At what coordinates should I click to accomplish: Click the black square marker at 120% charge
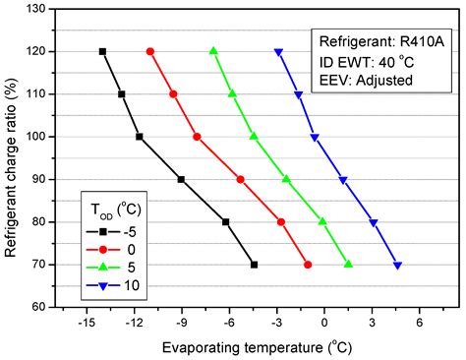(x=102, y=51)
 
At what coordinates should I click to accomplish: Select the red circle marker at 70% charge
(x=308, y=265)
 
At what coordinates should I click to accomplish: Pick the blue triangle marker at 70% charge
(x=397, y=265)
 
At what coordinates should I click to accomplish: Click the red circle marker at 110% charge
(x=173, y=93)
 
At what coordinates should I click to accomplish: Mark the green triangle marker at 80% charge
(x=322, y=221)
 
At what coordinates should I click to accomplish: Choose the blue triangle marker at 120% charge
(x=278, y=52)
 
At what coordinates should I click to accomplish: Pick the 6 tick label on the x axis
(x=419, y=323)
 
